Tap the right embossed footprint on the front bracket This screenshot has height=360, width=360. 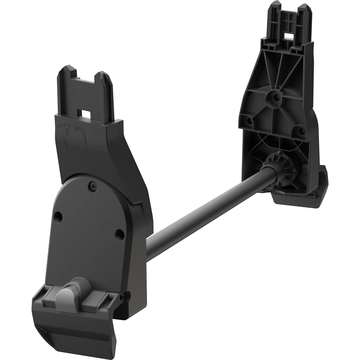click(x=80, y=132)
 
